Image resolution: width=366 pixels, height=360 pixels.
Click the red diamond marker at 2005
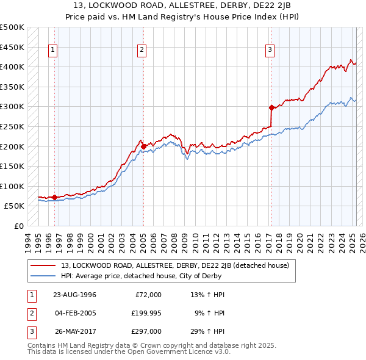143,146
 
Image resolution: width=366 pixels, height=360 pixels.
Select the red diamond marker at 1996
55,197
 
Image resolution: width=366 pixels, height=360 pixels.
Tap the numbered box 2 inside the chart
142,51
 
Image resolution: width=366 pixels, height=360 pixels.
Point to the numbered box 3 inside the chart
270,51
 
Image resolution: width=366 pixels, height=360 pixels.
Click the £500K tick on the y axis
12,27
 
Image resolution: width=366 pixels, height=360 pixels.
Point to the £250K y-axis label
12,126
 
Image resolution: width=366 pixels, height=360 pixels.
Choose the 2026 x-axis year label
361,240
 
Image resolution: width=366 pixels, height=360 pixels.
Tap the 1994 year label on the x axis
27,240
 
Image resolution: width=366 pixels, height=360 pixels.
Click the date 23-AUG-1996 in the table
75,295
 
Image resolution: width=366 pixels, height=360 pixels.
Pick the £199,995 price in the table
148,313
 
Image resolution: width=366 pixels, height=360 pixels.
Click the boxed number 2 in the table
30,313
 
